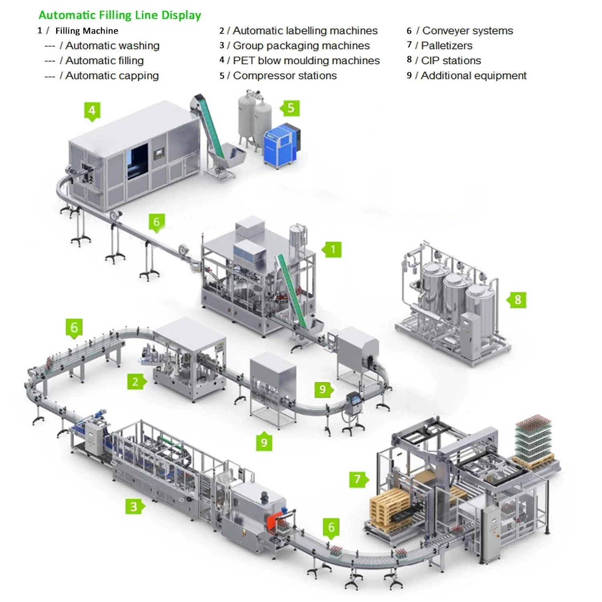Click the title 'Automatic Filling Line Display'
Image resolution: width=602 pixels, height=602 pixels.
(120, 15)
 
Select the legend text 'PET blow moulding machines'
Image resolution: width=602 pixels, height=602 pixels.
(306, 61)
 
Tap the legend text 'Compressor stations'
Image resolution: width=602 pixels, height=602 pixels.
(285, 75)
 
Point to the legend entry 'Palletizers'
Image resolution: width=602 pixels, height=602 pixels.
(446, 45)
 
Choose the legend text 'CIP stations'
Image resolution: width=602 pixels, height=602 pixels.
(451, 61)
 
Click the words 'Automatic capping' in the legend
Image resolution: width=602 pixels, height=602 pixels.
(112, 75)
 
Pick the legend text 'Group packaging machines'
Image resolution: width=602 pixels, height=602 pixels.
(301, 45)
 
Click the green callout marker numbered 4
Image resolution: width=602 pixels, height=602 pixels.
(92, 110)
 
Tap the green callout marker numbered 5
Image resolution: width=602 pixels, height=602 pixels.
(291, 108)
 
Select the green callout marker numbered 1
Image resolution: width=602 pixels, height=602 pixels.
(332, 250)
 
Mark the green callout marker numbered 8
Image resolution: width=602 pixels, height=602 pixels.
(517, 300)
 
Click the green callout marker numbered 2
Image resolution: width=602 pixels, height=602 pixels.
(136, 382)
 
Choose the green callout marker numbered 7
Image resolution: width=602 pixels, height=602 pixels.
(358, 479)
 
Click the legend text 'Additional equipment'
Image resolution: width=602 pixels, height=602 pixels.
(473, 75)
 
